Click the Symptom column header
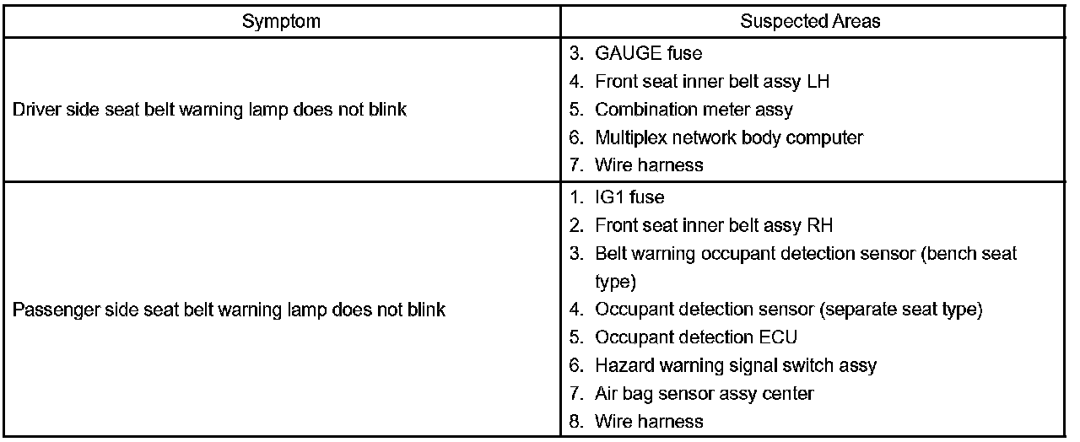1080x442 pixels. pyautogui.click(x=281, y=22)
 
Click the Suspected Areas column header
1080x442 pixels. pyautogui.click(x=810, y=22)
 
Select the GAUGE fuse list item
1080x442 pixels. pyautogui.click(x=648, y=53)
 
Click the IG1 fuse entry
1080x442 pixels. pyautogui.click(x=629, y=197)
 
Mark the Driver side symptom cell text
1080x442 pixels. pyautogui.click(x=210, y=110)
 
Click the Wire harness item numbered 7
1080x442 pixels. pyautogui.click(x=649, y=164)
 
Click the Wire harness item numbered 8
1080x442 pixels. pyautogui.click(x=649, y=421)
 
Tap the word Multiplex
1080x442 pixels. pyautogui.click(x=626, y=137)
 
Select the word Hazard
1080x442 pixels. pyautogui.click(x=620, y=365)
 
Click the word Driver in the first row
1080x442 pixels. pyautogui.click(x=35, y=110)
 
